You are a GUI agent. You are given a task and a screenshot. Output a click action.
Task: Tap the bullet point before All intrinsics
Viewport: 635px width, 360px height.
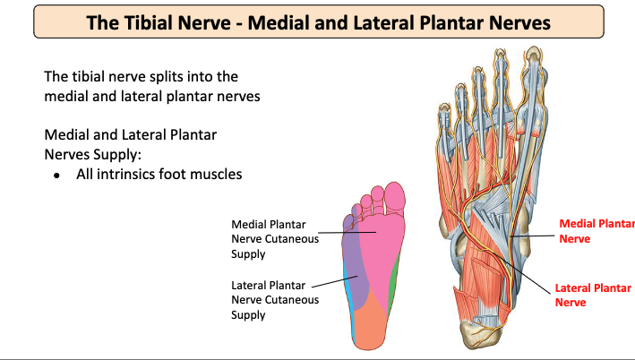(56, 175)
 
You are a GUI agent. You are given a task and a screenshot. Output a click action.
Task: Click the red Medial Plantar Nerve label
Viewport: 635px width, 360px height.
(596, 231)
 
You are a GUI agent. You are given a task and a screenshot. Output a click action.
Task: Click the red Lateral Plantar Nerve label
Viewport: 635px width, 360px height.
(592, 295)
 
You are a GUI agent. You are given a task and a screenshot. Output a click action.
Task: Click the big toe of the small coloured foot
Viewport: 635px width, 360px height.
(394, 199)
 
